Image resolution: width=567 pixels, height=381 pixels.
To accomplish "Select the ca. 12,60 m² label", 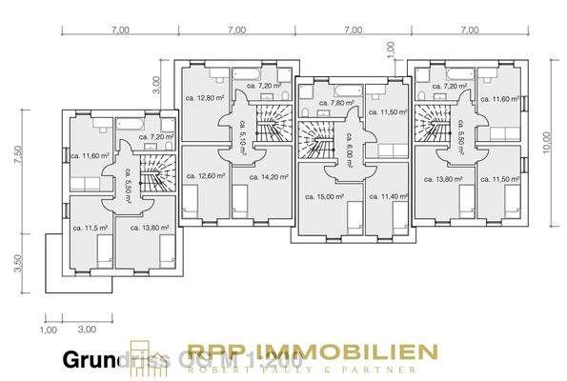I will point(205,176).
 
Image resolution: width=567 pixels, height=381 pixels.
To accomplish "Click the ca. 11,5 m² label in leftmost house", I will point(90,229).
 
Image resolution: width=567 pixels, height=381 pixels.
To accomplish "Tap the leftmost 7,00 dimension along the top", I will point(120,30).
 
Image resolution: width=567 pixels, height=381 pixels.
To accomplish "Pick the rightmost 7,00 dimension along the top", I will point(469,30).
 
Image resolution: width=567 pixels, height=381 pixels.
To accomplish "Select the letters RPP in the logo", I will point(215,351).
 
